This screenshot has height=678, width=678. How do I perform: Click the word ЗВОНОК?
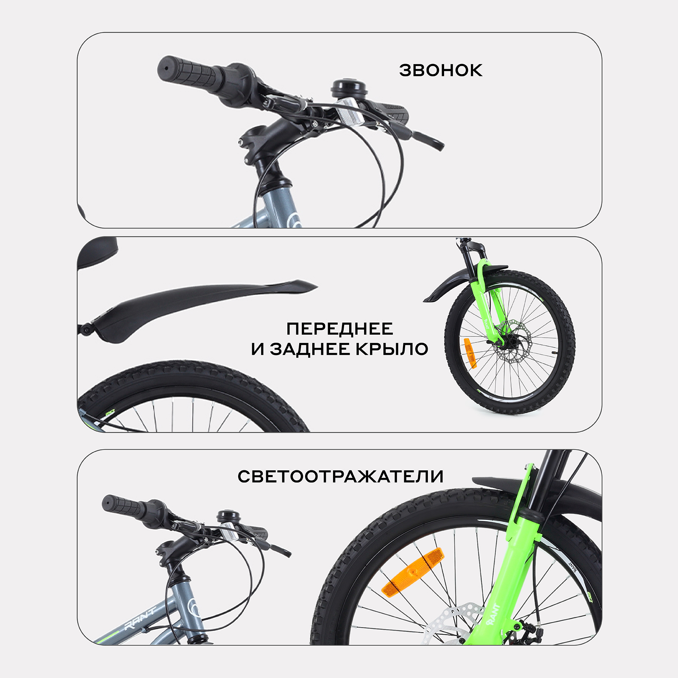coord(441,70)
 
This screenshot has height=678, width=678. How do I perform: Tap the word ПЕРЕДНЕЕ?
coord(340,329)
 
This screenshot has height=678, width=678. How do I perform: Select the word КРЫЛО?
coord(392,349)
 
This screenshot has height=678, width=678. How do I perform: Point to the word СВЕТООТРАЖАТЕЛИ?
coord(340,476)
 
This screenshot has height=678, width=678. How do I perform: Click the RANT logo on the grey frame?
coord(140,619)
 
